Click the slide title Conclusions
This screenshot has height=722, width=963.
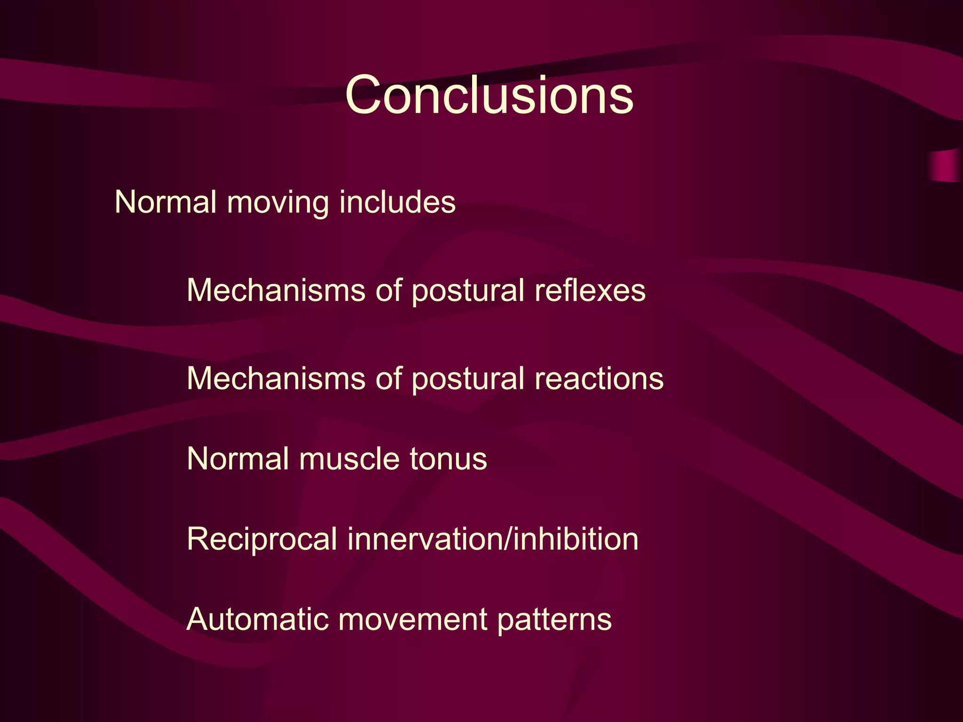[489, 95]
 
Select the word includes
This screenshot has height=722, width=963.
[397, 202]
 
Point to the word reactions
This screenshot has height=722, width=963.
[599, 378]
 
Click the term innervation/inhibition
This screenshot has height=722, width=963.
[493, 539]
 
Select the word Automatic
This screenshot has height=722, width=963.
[257, 619]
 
